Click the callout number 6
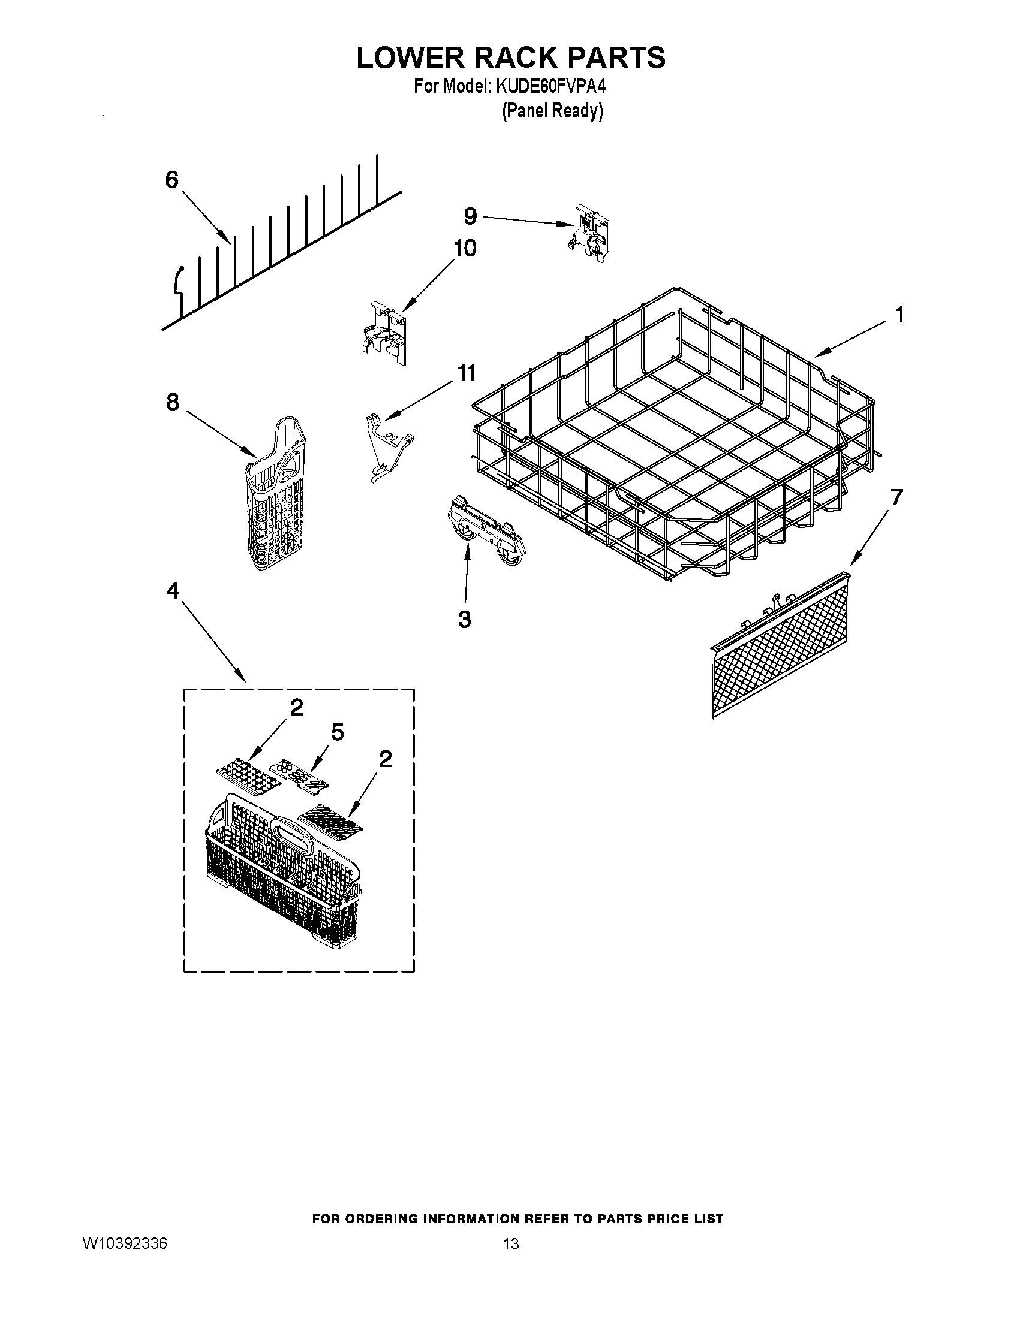click(172, 179)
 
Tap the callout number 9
click(470, 216)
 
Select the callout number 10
click(465, 248)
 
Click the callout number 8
click(173, 402)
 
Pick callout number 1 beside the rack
click(899, 315)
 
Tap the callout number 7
click(896, 497)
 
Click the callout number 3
click(464, 619)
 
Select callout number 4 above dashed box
click(173, 591)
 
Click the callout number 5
click(337, 732)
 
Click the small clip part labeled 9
click(590, 233)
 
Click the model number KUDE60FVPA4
click(550, 87)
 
